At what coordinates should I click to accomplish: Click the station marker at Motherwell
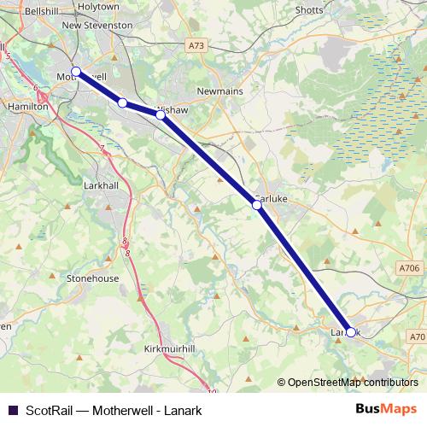pyautogui.click(x=75, y=72)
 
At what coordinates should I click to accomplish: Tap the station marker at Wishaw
pyautogui.click(x=161, y=114)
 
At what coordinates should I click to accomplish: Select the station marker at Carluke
pyautogui.click(x=256, y=205)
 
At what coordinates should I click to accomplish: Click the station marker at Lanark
pyautogui.click(x=350, y=333)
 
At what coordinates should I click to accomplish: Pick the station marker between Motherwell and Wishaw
pyautogui.click(x=122, y=103)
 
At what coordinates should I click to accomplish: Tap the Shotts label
pyautogui.click(x=308, y=9)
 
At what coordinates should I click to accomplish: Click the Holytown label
pyautogui.click(x=98, y=6)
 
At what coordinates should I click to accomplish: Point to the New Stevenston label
pyautogui.click(x=97, y=26)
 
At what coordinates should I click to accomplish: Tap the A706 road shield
pyautogui.click(x=409, y=268)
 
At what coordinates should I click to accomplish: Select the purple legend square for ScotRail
pyautogui.click(x=12, y=409)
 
